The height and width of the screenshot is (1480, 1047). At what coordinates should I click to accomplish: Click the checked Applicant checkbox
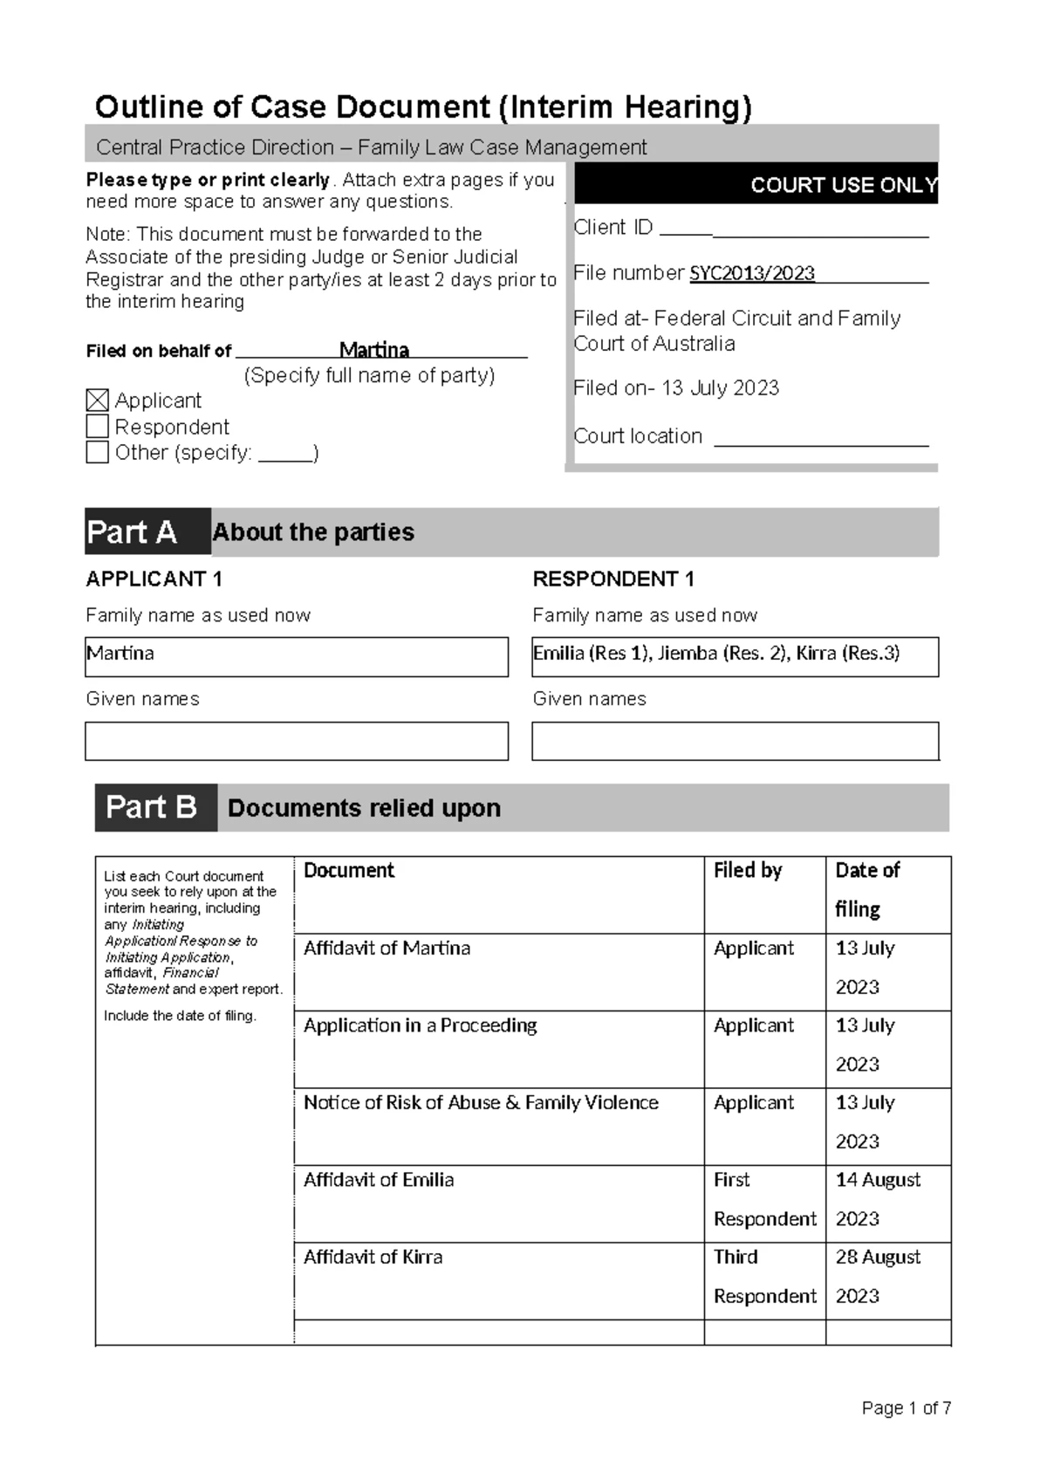[x=98, y=401]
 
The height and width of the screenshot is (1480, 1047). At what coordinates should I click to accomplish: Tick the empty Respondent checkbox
[x=98, y=427]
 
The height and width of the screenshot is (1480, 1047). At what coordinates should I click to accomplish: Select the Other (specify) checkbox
[x=98, y=452]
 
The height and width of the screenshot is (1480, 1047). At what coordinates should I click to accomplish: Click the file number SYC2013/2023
[x=751, y=273]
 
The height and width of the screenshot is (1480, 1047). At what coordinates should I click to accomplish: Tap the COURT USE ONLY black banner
[x=756, y=184]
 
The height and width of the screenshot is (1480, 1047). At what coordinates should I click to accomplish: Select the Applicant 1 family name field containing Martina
[x=296, y=656]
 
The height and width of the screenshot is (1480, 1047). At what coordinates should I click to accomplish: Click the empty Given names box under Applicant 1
[x=296, y=741]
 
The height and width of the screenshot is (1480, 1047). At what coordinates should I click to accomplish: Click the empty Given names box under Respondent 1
[x=735, y=741]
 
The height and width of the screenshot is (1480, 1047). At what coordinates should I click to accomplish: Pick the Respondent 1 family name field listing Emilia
[x=735, y=656]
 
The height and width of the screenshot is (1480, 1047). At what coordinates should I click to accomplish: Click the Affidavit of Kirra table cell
[x=498, y=1280]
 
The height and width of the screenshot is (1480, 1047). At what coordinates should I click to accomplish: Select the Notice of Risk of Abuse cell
[x=498, y=1126]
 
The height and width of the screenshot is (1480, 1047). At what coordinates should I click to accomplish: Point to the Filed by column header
[x=748, y=871]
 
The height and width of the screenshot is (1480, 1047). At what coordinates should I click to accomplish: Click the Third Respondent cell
[x=763, y=1277]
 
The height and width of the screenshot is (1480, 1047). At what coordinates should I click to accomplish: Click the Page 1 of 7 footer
[x=906, y=1408]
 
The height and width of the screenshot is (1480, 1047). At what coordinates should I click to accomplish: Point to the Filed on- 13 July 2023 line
[x=676, y=388]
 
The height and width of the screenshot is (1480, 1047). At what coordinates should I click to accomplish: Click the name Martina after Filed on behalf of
[x=373, y=350]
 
